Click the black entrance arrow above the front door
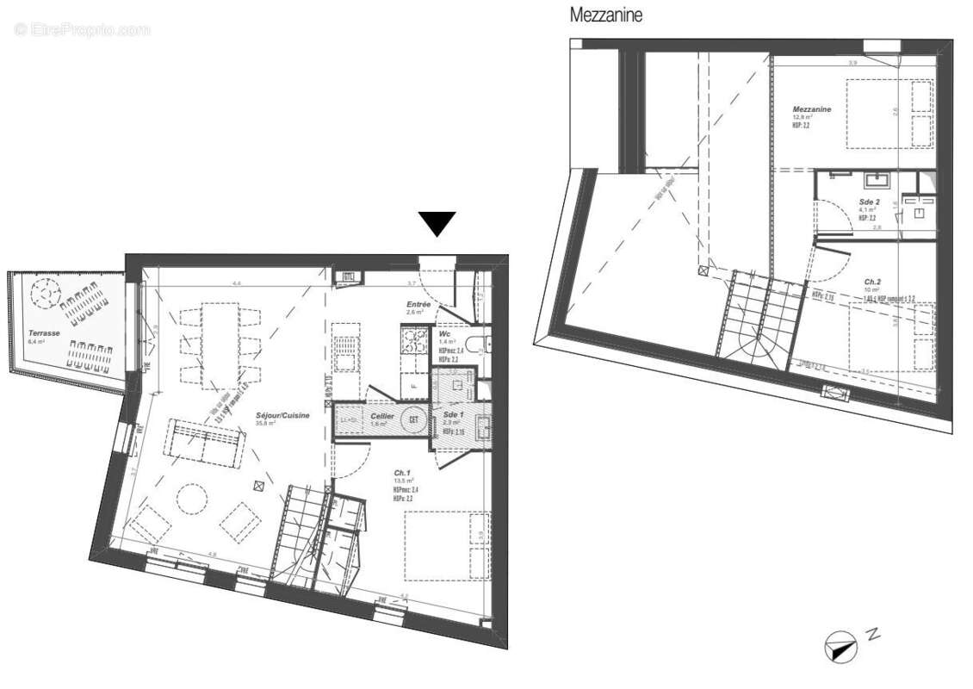(438, 224)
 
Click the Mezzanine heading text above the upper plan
(606, 15)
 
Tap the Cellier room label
(382, 416)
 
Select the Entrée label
(419, 305)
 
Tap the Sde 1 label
(455, 415)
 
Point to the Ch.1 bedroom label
(403, 472)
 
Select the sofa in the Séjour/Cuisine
(204, 443)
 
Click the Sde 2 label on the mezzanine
(869, 201)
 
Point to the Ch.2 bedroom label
(872, 282)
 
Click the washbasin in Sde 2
(877, 180)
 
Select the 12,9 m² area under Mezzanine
(802, 118)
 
